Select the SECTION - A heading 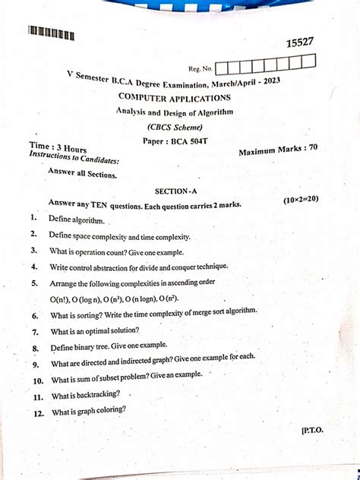pyautogui.click(x=175, y=191)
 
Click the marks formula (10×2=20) pyautogui.click(x=301, y=199)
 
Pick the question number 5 pyautogui.click(x=35, y=283)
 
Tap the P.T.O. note pyautogui.click(x=311, y=430)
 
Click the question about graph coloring pyautogui.click(x=89, y=412)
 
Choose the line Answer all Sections pyautogui.click(x=82, y=173)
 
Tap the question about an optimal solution pyautogui.click(x=95, y=331)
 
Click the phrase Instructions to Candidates pyautogui.click(x=74, y=158)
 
